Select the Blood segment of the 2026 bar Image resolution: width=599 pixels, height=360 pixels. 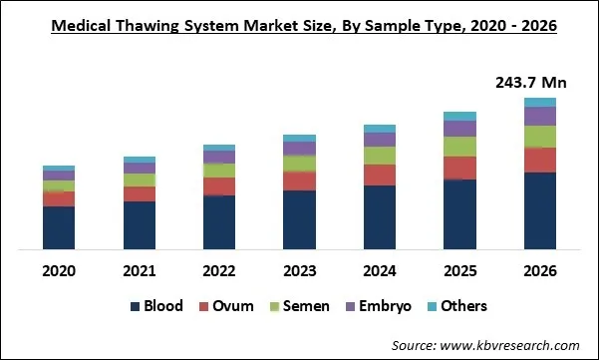[539, 210]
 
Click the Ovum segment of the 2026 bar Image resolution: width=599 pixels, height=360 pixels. [539, 160]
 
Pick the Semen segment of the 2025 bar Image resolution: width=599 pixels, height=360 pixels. [459, 147]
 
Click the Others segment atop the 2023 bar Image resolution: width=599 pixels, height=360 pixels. [299, 138]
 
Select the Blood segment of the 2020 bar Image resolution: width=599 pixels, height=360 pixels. [59, 227]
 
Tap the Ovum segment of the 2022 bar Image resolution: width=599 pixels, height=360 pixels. [218, 186]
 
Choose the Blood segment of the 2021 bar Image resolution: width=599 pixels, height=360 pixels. [139, 224]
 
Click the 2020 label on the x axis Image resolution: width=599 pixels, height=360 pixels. [59, 270]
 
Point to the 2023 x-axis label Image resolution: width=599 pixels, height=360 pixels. [299, 270]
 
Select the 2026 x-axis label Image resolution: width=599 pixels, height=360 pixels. [539, 270]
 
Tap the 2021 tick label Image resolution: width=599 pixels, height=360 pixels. [139, 270]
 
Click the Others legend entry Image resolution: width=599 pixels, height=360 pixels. [458, 306]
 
